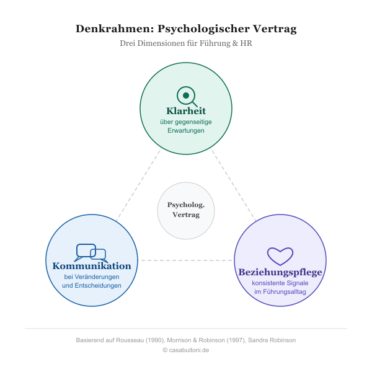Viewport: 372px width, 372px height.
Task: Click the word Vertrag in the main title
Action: point(275,29)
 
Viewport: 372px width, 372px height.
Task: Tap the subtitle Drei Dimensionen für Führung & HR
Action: point(186,43)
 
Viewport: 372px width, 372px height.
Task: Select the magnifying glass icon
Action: point(187,97)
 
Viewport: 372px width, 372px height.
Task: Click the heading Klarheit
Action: point(186,111)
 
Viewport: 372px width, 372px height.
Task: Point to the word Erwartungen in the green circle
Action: point(186,130)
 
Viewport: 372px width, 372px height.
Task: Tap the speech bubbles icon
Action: point(91,253)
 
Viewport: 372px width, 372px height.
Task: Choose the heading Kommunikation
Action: point(92,266)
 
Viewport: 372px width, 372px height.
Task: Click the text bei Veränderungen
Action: point(92,277)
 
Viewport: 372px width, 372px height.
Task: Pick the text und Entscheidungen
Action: point(92,285)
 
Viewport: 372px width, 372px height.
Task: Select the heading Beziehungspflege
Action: point(280,272)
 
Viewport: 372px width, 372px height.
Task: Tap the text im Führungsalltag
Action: point(280,291)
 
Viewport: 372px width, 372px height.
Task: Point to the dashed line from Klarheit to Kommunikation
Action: point(138,185)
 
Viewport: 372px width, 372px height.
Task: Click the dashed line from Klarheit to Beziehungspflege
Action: point(234,185)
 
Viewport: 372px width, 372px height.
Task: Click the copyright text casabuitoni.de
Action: point(186,350)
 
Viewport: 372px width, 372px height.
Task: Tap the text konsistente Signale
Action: point(280,283)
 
